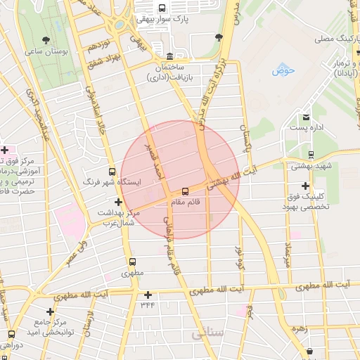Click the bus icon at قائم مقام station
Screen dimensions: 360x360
tap(186, 191)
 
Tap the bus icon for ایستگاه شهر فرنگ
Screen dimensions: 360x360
tap(112, 171)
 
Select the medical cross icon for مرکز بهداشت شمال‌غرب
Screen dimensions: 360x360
tap(117, 202)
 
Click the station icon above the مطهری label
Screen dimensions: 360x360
tap(132, 262)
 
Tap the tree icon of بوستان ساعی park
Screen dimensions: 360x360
tap(46, 40)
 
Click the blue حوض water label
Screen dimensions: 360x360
tap(283, 71)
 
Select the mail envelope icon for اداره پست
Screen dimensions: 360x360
tap(306, 117)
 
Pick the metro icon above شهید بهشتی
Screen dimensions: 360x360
tap(311, 155)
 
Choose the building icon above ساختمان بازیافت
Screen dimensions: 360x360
tap(169, 56)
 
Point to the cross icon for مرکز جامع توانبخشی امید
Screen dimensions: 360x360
tap(50, 311)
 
